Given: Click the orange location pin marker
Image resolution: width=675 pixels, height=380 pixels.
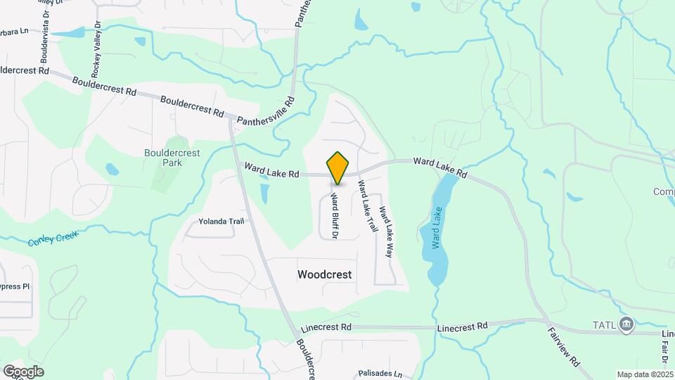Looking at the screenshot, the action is point(338,167).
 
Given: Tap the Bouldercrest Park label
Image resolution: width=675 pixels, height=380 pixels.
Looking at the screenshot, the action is point(162,158).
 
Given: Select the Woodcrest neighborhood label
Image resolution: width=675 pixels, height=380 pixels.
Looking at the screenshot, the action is point(324,274).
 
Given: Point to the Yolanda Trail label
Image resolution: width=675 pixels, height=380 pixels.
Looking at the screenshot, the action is point(221,221).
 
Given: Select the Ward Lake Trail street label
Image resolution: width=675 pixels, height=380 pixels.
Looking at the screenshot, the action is point(368,207).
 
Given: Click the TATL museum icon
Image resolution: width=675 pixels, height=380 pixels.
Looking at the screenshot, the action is point(627,324).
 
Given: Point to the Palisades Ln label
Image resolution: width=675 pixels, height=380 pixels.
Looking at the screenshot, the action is point(380,374).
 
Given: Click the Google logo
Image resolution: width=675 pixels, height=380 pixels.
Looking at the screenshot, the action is point(23,371).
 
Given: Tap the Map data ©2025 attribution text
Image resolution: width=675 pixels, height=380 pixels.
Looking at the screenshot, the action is point(644,374).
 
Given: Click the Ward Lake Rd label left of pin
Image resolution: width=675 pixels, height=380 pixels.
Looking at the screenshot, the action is point(272,170).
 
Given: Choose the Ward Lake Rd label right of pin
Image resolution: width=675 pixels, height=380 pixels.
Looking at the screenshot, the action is point(440,166).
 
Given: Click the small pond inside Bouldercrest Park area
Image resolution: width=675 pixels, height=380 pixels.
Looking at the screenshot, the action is point(112,170).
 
